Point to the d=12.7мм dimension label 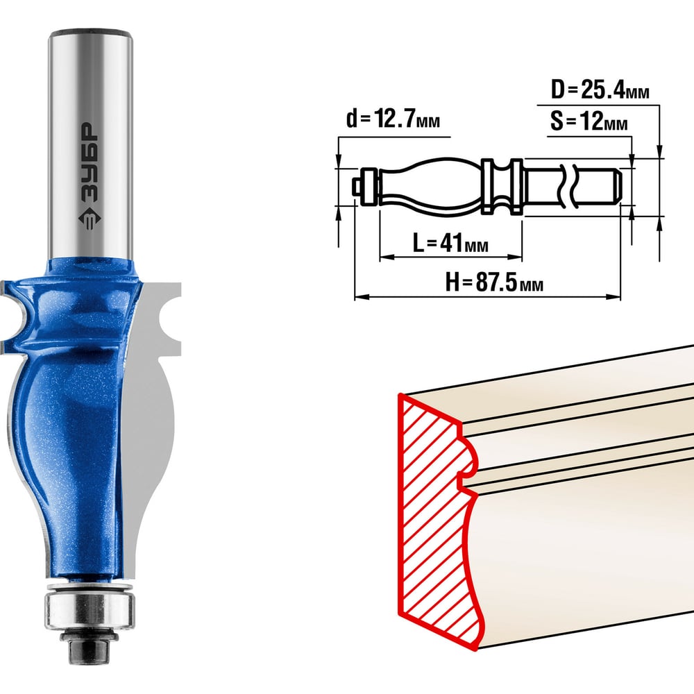pos(393,119)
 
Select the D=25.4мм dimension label pos(600,90)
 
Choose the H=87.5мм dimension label pos(494,281)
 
